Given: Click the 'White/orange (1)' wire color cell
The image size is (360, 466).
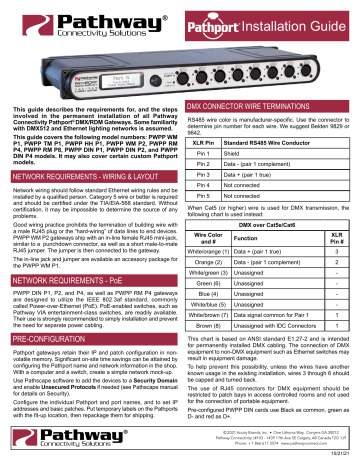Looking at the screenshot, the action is (x=210, y=284).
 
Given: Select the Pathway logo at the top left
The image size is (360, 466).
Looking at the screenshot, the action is (x=66, y=20).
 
